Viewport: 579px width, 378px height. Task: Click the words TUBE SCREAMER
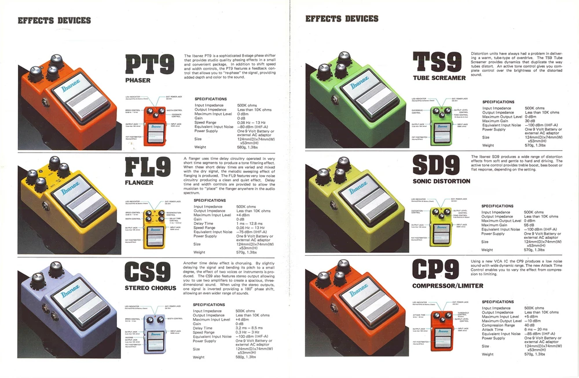point(439,78)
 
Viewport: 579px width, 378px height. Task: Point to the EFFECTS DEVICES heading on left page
point(54,21)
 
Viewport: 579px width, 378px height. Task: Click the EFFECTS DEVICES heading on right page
point(342,19)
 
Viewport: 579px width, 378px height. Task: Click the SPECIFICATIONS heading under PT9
point(211,99)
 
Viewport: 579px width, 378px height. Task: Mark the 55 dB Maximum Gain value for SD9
point(528,225)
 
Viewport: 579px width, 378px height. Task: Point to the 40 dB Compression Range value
point(529,325)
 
